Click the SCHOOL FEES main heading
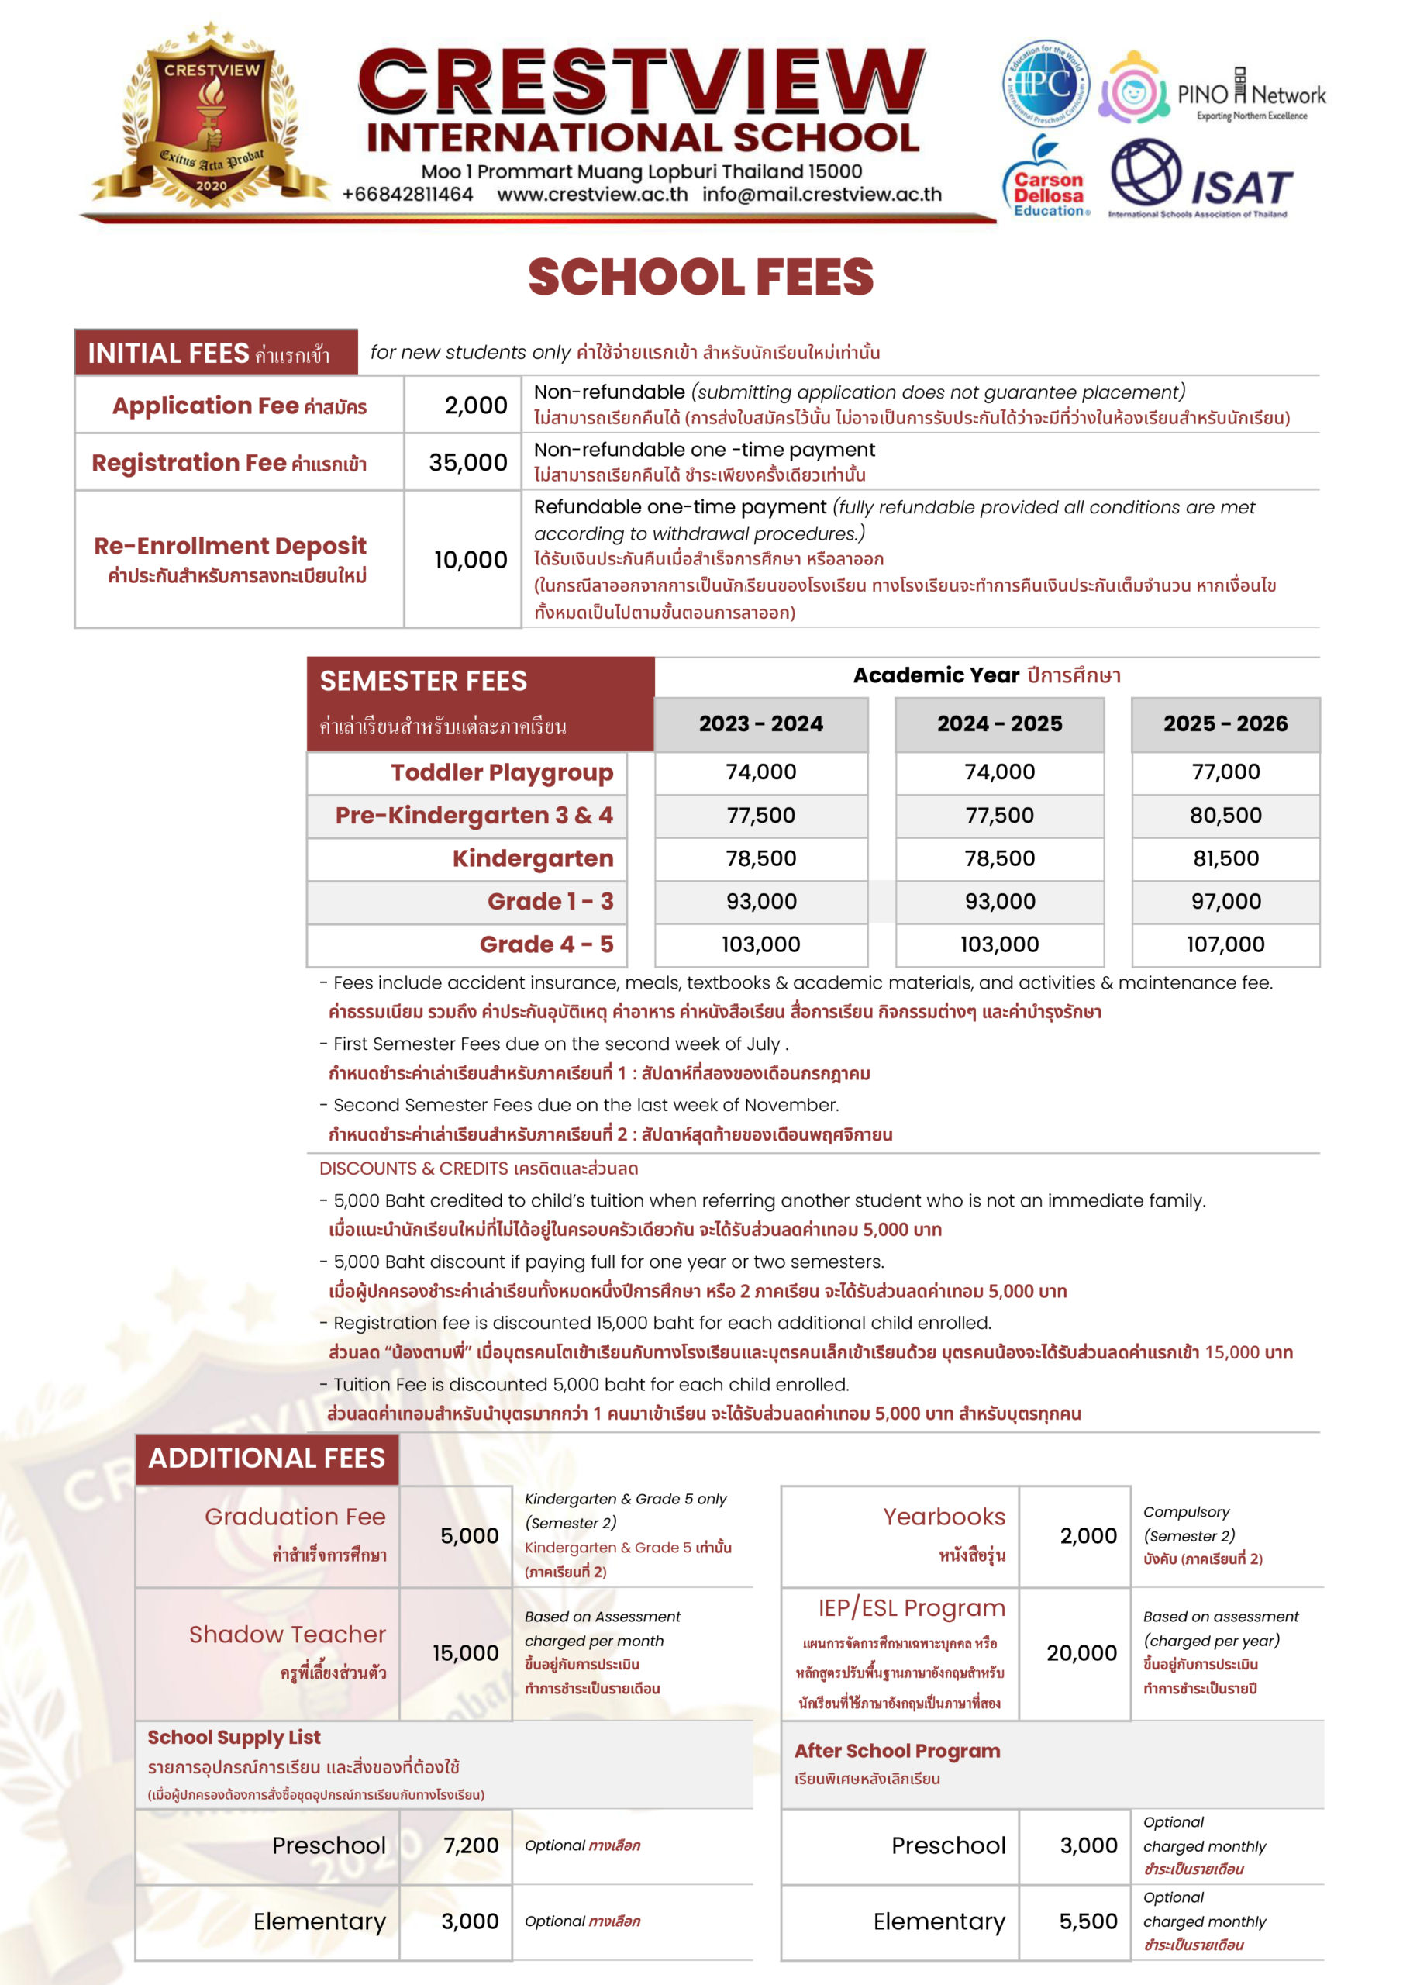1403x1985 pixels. click(700, 277)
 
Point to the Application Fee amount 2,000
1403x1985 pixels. click(475, 406)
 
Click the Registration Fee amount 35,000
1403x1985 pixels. click(467, 463)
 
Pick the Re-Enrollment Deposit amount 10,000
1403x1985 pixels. click(471, 561)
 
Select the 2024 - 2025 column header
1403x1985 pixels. click(999, 723)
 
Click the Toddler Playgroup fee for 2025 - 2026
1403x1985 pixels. click(1225, 772)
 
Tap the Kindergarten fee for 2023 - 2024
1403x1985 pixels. click(760, 858)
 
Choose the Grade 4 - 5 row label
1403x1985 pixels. click(546, 944)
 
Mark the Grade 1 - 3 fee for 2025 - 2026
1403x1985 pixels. click(1225, 902)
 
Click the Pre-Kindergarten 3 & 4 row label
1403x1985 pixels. click(474, 815)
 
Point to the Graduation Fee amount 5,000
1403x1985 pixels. click(470, 1536)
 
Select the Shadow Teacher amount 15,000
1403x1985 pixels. click(466, 1653)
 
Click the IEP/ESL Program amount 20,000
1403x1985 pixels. click(1081, 1653)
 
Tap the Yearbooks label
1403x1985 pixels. click(944, 1517)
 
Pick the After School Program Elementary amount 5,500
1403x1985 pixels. click(1088, 1921)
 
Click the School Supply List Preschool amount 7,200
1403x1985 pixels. click(471, 1845)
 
